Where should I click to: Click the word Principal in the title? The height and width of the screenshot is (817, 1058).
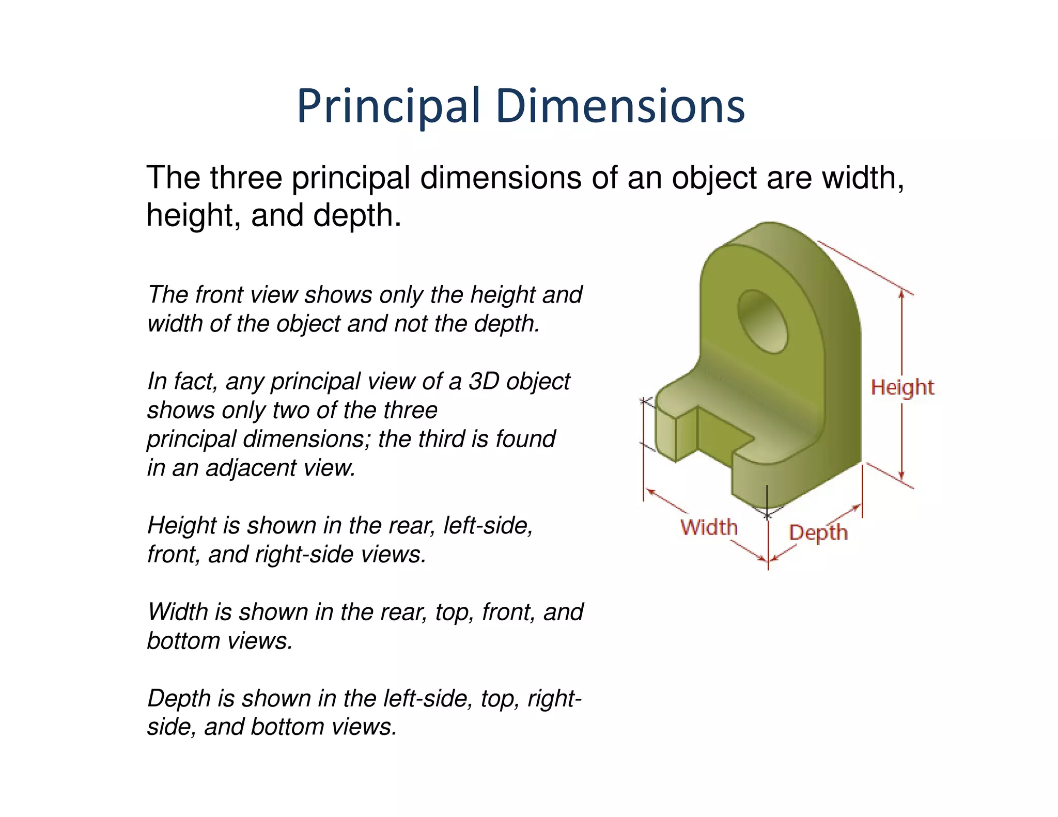(388, 106)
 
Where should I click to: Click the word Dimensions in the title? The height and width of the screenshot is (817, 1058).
(620, 106)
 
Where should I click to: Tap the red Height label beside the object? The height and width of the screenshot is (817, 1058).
(902, 387)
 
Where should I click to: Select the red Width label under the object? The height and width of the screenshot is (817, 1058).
(709, 527)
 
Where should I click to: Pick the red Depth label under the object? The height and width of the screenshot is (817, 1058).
(818, 532)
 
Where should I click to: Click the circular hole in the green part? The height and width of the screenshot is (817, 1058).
(763, 321)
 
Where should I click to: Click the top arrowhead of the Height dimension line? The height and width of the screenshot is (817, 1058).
(901, 293)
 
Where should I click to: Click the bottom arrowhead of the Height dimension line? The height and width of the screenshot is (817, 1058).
(901, 476)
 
